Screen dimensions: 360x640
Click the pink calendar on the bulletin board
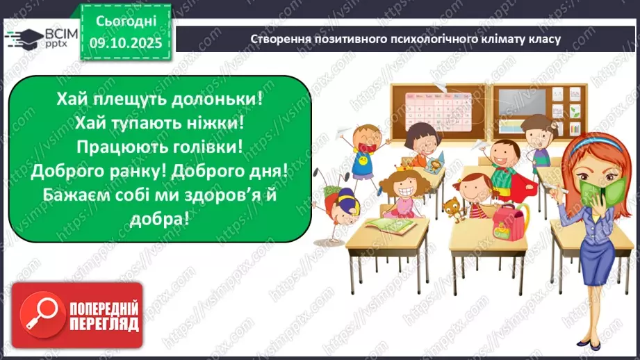431,111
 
